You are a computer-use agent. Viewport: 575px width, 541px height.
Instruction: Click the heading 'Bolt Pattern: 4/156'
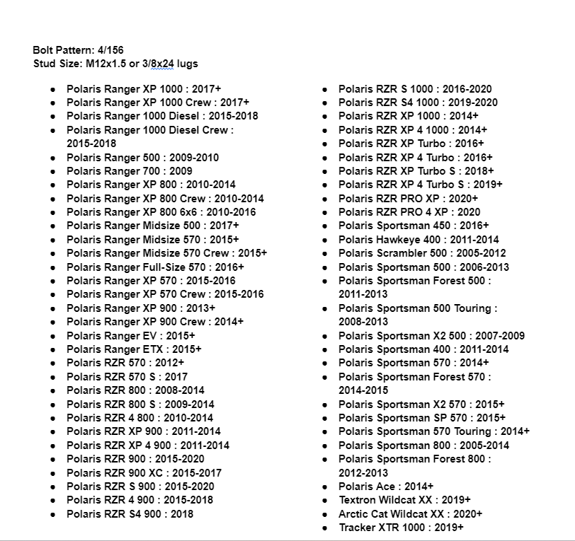78,50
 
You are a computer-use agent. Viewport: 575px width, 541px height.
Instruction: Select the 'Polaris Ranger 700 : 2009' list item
129,171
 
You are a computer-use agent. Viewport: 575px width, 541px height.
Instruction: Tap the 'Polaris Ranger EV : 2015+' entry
130,336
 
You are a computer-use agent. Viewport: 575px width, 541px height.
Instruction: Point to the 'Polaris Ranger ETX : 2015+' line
134,349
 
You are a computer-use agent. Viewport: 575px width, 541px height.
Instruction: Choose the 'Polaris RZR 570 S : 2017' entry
127,377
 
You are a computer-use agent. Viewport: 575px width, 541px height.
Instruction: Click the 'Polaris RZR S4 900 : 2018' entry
130,514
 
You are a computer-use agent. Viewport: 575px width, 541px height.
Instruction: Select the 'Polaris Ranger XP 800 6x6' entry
161,212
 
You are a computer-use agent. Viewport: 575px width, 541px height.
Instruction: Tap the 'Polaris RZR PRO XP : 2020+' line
408,199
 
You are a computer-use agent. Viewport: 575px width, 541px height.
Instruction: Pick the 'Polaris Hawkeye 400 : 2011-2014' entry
418,240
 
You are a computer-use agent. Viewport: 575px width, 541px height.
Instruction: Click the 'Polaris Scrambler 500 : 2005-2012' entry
422,253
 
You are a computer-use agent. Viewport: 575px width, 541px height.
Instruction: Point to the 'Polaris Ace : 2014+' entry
386,487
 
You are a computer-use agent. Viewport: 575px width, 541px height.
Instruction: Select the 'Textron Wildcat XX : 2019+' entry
404,500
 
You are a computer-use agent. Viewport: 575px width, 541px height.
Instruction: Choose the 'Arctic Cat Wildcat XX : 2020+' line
410,514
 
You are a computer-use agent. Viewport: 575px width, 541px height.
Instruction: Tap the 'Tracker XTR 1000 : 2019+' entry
401,528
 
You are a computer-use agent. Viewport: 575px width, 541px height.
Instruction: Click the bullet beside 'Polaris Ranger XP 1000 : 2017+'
53,90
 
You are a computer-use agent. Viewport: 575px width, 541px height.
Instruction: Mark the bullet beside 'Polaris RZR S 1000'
324,90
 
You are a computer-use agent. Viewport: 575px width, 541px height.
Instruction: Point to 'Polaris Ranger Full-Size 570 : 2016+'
155,267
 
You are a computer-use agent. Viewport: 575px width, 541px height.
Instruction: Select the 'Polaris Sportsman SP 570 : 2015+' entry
421,418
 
